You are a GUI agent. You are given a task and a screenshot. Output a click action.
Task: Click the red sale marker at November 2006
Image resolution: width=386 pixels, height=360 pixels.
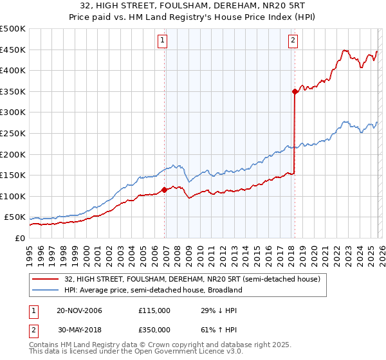tap(164, 190)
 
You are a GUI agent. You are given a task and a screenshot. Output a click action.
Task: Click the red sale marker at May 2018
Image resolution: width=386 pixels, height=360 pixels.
tap(295, 92)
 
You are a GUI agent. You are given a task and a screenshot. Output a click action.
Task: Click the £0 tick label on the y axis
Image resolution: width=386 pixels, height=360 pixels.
tap(19, 239)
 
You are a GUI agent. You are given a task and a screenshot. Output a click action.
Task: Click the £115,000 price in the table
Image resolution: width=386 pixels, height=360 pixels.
tap(154, 310)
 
